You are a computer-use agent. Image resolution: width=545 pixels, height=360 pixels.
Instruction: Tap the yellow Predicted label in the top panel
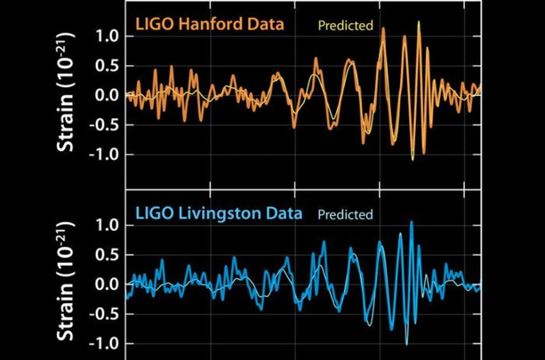[346, 25]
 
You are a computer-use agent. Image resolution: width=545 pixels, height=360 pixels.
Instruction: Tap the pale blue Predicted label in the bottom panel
[345, 214]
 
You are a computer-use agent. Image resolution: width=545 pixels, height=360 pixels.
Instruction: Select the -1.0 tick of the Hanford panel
[104, 154]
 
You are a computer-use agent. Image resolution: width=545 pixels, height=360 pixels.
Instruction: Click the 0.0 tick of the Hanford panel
[107, 95]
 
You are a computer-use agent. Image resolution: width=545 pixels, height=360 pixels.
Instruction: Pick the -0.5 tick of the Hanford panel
[104, 125]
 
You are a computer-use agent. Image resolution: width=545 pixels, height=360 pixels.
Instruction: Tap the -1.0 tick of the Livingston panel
[104, 343]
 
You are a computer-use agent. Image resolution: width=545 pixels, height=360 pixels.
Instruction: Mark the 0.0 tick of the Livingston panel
[107, 284]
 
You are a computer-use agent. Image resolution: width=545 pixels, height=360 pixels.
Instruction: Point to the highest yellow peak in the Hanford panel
[419, 22]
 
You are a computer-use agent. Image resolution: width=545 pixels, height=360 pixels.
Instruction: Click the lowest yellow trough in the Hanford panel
[413, 160]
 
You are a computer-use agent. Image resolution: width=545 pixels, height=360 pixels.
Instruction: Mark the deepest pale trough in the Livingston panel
[407, 344]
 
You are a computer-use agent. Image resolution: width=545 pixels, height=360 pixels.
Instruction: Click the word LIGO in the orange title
[155, 24]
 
